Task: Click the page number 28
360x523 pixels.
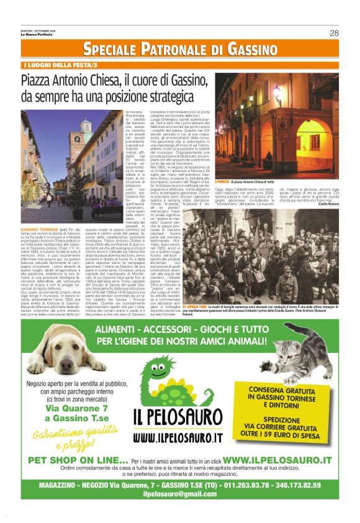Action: click(334, 33)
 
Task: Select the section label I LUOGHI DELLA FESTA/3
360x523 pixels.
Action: click(60, 65)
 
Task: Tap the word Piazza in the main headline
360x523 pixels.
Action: click(40, 81)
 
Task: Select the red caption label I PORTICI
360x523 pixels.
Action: click(222, 164)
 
